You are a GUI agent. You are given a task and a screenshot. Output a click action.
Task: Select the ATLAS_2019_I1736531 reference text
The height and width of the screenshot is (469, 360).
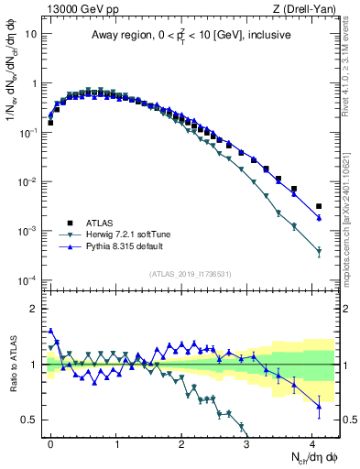(190, 274)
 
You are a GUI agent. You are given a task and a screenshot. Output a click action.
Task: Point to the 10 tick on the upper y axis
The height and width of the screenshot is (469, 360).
(30, 34)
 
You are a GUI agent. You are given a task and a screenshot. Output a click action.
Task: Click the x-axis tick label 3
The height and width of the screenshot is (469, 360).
(247, 443)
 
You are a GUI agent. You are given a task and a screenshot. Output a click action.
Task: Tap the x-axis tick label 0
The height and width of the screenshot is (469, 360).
(50, 443)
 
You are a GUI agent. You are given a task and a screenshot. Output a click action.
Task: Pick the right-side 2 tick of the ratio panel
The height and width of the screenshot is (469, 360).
(344, 309)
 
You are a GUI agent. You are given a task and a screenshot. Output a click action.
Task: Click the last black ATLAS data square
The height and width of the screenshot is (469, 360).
(319, 206)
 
